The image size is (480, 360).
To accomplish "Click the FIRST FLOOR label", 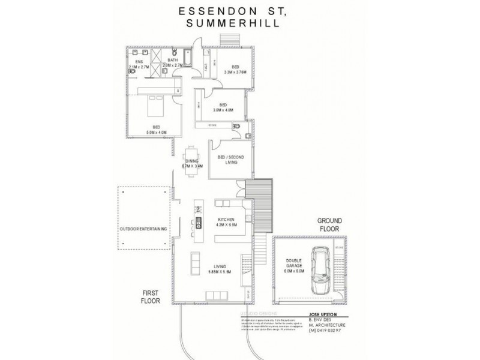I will [150, 296].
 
